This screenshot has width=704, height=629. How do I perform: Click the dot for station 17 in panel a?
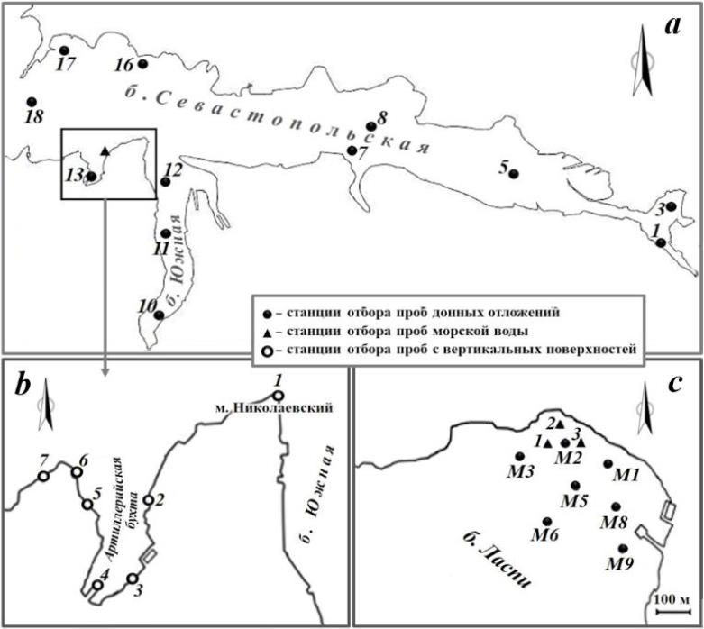pos(64,51)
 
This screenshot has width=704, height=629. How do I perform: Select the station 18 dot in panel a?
pos(32,102)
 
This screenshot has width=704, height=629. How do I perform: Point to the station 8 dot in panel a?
pos(370,127)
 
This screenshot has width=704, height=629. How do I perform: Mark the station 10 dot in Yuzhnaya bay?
pos(160,315)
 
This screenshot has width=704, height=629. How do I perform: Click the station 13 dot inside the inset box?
pos(90,177)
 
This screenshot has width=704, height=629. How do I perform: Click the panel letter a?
pos(671,26)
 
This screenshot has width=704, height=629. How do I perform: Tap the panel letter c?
pos(675,385)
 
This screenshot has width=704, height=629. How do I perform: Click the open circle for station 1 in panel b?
pos(279,396)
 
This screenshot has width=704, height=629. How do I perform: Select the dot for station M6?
pos(547,521)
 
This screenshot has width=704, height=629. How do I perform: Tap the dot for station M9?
pos(623,548)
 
